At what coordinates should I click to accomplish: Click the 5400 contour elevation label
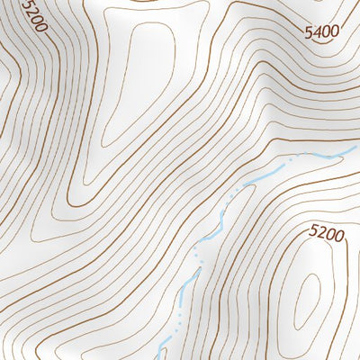tap(321, 32)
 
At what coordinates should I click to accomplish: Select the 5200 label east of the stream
tap(326, 233)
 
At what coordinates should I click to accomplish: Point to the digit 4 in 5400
tap(317, 32)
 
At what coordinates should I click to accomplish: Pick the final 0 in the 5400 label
tap(335, 31)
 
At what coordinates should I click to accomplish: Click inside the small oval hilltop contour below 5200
tap(308, 297)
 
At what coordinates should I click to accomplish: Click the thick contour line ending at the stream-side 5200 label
tap(297, 236)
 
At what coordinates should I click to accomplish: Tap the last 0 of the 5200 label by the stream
tap(338, 232)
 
